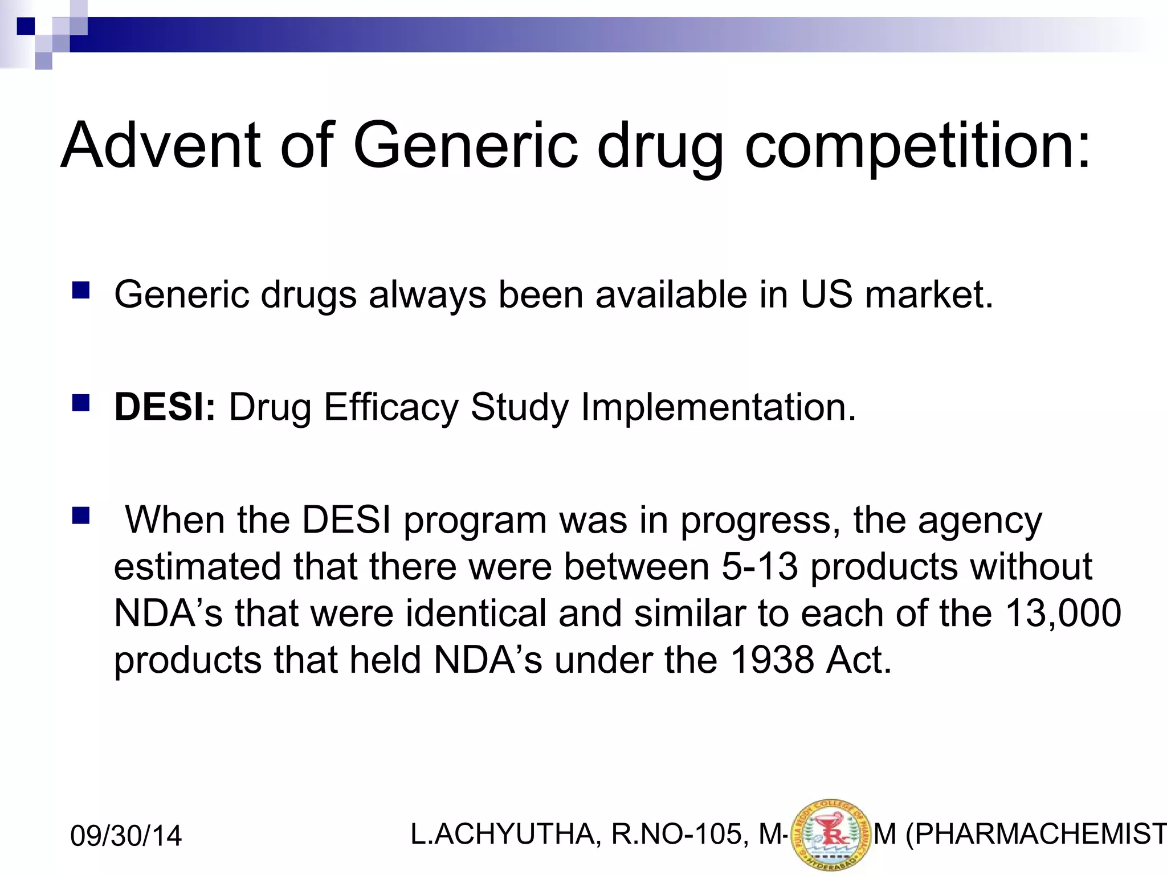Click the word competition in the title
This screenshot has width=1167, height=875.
click(x=917, y=147)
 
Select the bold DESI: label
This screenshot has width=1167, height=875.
click(x=165, y=407)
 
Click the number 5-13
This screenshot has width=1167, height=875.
click(x=760, y=567)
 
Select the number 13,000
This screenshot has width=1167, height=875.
click(x=1063, y=613)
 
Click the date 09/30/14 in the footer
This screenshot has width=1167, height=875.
click(x=126, y=836)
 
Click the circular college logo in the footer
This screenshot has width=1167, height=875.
click(x=831, y=835)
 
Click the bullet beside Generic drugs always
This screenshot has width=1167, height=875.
click(x=81, y=291)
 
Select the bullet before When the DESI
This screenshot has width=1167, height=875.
click(x=81, y=516)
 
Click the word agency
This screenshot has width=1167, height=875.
click(x=980, y=521)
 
